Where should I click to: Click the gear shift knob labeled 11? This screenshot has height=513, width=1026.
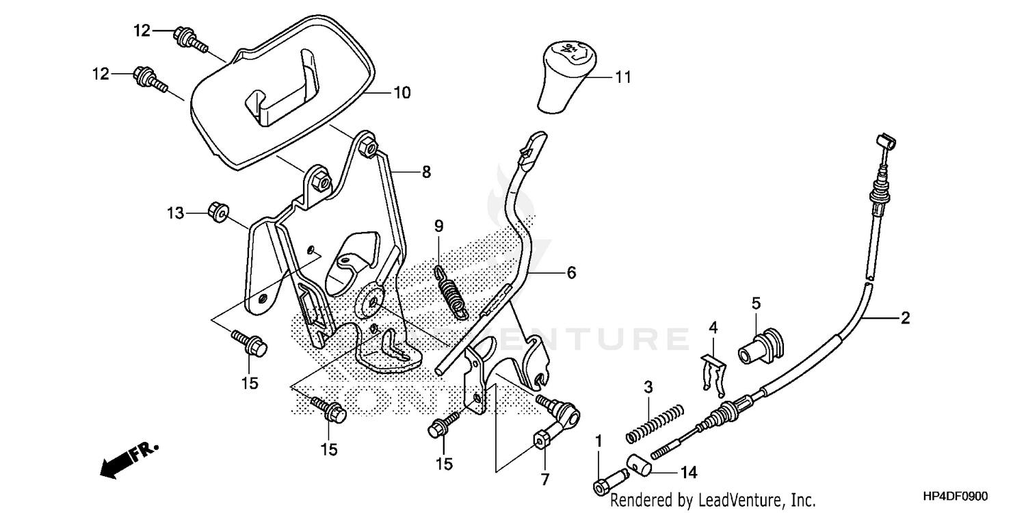(x=565, y=75)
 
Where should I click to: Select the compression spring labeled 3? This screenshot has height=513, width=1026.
(x=655, y=423)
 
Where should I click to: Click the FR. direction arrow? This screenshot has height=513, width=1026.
(x=129, y=460)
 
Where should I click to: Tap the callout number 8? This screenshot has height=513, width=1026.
(x=426, y=172)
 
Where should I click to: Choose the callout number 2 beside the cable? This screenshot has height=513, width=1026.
(x=905, y=317)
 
